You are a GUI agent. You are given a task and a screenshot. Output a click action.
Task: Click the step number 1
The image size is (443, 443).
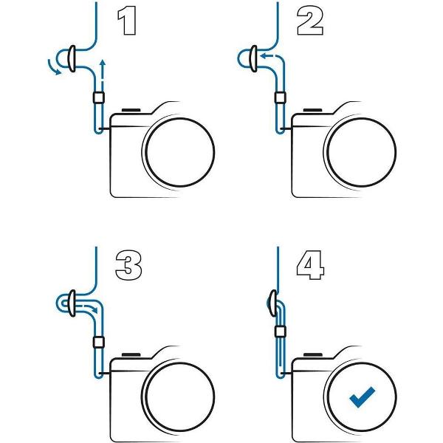pos(127,21)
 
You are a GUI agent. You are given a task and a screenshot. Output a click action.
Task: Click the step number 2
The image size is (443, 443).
pos(310,21)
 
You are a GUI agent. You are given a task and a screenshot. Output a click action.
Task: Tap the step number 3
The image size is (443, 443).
pos(128,265)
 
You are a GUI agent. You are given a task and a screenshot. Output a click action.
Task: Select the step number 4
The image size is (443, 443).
pos(311,265)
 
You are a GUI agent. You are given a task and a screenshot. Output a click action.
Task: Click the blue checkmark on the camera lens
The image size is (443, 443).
pos(362,396)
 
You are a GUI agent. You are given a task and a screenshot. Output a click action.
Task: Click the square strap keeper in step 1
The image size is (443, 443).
pos(99,97)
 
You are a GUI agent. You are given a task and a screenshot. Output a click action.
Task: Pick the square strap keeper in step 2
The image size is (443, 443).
pos(281,97)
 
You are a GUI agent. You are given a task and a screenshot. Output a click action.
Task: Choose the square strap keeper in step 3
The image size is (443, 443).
pos(99,342)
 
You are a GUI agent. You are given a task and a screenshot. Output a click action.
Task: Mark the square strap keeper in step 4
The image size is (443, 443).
pos(281,332)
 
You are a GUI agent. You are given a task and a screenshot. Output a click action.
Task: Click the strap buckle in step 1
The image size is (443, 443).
pos(72,58)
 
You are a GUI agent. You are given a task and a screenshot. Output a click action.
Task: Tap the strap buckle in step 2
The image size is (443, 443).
pos(254,58)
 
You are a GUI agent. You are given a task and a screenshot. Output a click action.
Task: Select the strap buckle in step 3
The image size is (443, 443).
pos(72,303)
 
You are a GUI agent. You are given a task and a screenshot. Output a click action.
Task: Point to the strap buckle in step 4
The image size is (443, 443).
pos(273,303)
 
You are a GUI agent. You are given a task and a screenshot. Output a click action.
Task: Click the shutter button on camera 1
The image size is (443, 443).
pos(131,110)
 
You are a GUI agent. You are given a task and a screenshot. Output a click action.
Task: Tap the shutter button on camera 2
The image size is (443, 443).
pos(312,110)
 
